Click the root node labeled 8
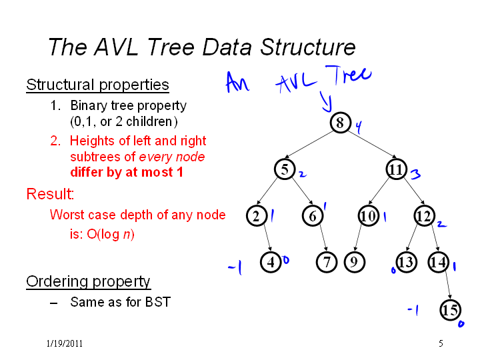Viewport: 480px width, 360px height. (x=341, y=123)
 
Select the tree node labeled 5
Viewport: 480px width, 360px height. (x=285, y=169)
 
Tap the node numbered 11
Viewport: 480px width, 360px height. (x=396, y=169)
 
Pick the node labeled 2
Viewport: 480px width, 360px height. (x=257, y=216)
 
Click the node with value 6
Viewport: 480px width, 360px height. (x=313, y=216)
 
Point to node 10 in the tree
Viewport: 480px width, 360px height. (x=368, y=216)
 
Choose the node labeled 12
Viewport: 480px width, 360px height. (x=424, y=216)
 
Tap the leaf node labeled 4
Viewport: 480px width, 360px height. (x=271, y=263)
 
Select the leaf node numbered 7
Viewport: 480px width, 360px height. (x=327, y=263)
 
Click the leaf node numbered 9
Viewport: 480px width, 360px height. (x=355, y=263)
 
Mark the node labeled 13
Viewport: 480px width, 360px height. (x=406, y=263)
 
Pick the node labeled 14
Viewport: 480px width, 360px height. (x=439, y=263)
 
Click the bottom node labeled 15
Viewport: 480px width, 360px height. (x=450, y=310)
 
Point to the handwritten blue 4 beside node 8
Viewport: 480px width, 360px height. (x=359, y=127)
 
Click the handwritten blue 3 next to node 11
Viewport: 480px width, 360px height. (x=415, y=174)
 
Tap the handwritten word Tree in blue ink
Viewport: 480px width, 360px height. (x=349, y=75)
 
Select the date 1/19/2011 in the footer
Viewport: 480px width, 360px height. (x=65, y=343)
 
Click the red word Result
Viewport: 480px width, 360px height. (x=50, y=194)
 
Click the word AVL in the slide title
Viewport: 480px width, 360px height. (x=116, y=47)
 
